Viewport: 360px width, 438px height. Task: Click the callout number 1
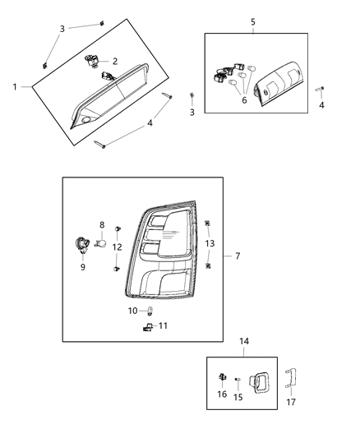point(15,86)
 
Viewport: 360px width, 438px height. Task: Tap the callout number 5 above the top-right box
point(252,21)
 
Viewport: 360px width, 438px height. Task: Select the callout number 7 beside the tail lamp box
point(238,256)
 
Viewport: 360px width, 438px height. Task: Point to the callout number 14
point(244,341)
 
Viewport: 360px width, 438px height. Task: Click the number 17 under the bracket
point(290,403)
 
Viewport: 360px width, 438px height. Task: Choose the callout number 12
point(118,247)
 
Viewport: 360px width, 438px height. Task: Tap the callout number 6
point(243,100)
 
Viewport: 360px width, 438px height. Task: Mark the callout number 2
point(114,62)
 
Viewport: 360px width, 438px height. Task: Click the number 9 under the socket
point(82,266)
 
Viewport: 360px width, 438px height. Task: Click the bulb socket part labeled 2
point(94,60)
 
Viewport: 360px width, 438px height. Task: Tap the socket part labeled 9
point(82,244)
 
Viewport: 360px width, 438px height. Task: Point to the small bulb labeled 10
point(151,311)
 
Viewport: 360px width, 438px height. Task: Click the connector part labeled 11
point(146,327)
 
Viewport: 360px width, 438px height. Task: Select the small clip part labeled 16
point(223,379)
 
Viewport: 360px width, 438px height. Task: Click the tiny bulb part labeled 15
point(238,380)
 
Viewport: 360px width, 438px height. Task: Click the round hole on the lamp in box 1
point(87,122)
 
